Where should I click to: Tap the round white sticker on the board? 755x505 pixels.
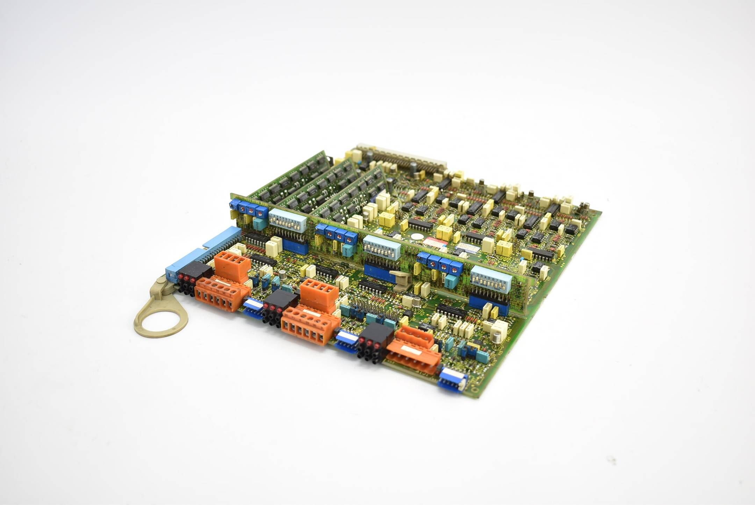[x=416, y=236]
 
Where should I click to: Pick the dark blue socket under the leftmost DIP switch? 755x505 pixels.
[x=296, y=247]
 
